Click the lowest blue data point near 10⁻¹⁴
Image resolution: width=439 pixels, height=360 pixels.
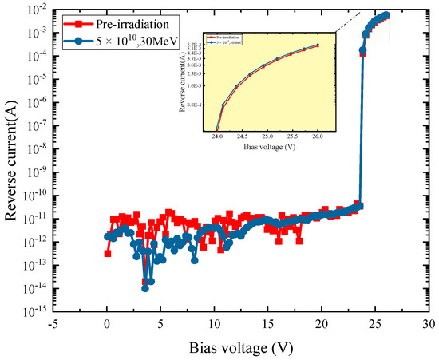(145, 288)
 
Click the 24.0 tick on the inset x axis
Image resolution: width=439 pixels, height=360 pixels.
(217, 136)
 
